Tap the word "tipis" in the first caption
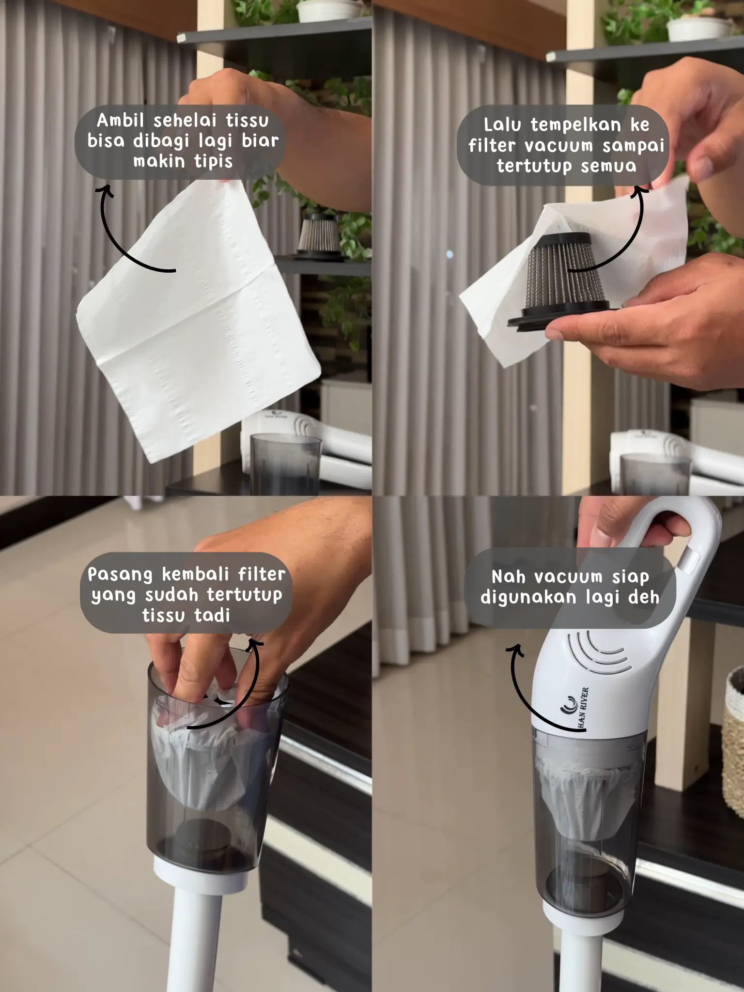[x=213, y=162]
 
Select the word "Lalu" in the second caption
[x=503, y=125]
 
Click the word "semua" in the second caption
[x=608, y=166]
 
